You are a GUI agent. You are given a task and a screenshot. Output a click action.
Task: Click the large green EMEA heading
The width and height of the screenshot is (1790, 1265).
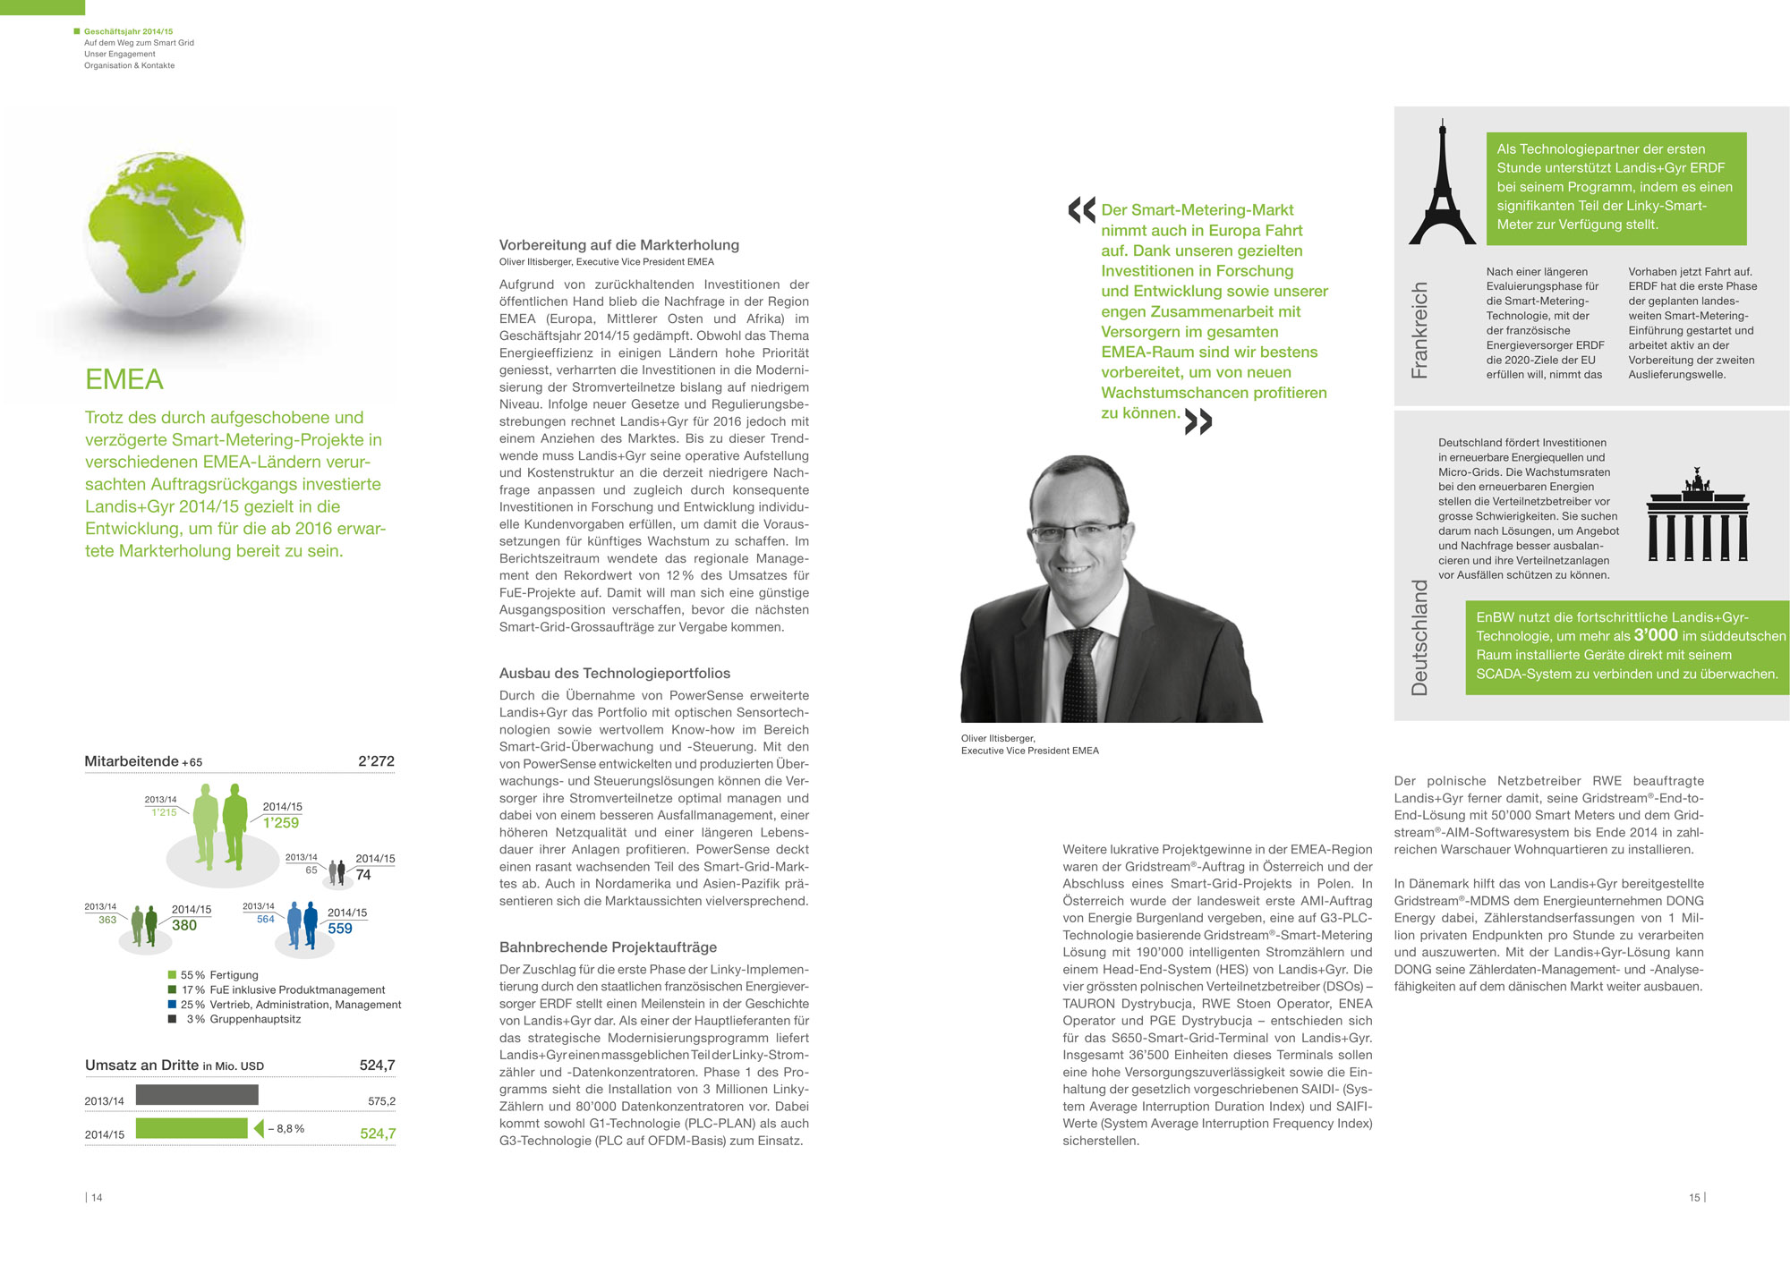(124, 379)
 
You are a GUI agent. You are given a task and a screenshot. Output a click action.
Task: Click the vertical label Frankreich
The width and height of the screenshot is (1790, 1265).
(1419, 330)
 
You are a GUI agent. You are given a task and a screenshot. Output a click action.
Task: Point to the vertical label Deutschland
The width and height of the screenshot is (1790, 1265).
(1419, 637)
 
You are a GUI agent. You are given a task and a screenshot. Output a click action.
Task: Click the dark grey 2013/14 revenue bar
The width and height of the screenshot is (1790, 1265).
(197, 1094)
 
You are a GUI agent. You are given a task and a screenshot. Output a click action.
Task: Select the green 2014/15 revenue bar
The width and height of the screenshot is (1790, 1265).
(192, 1128)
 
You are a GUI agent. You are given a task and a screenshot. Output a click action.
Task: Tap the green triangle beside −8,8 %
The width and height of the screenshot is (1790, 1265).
(259, 1128)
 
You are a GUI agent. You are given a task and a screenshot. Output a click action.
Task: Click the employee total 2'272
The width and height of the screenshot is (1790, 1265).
(376, 761)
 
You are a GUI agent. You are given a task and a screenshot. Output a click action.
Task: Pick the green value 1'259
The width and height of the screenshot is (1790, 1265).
(281, 823)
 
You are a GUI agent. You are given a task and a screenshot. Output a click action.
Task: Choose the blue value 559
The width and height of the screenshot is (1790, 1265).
(340, 929)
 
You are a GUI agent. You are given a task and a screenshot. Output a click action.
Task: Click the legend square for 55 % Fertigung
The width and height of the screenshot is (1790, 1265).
(172, 975)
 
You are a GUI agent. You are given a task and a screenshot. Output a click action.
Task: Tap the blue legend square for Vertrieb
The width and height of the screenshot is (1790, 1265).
(172, 1005)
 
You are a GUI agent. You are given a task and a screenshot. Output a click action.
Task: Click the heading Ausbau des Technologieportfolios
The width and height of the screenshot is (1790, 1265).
(615, 674)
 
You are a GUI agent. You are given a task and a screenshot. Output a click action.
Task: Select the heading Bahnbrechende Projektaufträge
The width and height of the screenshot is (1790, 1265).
(608, 947)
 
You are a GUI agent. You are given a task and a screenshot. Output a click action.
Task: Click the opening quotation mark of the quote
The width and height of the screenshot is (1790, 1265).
(1081, 210)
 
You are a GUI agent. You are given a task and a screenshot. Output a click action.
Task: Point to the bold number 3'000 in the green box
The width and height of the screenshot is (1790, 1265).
(1656, 635)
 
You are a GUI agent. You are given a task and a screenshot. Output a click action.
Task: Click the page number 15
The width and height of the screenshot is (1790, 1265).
(1694, 1198)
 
